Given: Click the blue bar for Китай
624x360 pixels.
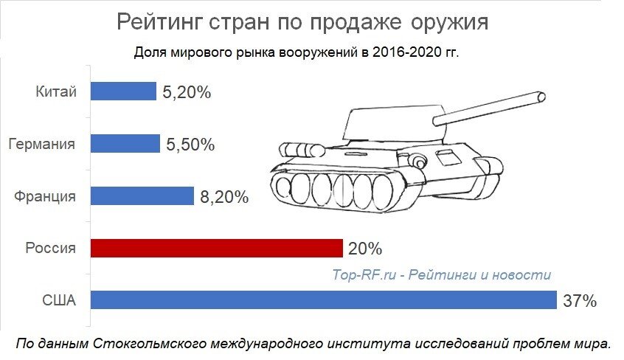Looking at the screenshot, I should pos(123,91).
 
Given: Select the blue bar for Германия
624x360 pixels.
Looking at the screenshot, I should pos(125,144).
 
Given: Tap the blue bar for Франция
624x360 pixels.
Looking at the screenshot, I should pos(142,196).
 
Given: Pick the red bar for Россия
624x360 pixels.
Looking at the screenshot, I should pos(216,248).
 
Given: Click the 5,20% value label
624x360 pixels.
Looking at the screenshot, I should pos(188,93).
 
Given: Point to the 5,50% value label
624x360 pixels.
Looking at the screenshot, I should pos(190,145).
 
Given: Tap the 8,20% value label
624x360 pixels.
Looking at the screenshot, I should pos(224,198).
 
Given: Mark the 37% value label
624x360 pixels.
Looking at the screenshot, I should pos(580,301).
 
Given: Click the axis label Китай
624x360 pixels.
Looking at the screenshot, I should pos(55,92).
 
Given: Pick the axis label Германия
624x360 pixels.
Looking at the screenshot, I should pos(42,144).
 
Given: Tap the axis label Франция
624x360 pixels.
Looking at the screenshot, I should pos(45,196).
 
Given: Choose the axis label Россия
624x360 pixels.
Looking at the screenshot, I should pos(50,249).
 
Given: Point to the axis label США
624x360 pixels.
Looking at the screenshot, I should pos(60,300).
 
